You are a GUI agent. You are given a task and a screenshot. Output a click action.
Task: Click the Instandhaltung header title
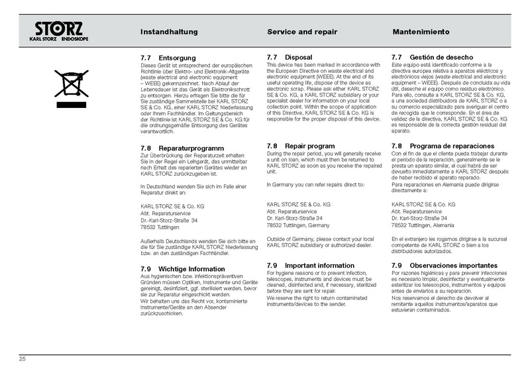(x=170, y=32)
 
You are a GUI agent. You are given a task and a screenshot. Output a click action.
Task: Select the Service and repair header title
(x=302, y=32)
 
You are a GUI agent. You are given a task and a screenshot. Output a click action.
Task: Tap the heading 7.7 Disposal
(x=289, y=58)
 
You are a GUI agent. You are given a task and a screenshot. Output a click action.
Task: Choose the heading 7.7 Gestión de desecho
(x=429, y=58)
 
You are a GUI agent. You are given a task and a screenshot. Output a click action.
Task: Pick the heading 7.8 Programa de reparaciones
(x=443, y=146)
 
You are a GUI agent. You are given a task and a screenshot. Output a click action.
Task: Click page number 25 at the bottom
(x=22, y=358)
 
